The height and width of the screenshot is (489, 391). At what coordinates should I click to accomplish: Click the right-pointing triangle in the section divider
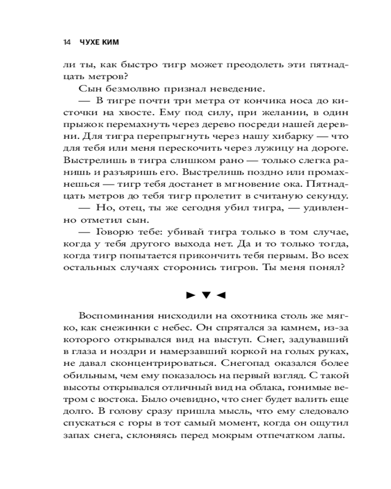(x=190, y=295)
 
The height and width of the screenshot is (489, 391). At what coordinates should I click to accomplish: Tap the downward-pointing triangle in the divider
(x=206, y=295)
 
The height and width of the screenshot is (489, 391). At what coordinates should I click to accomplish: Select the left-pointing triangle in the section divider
(x=221, y=295)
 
